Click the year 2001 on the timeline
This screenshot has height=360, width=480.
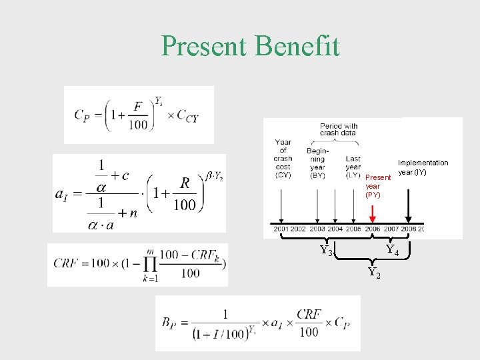click(x=281, y=229)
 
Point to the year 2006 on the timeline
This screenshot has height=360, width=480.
click(x=373, y=229)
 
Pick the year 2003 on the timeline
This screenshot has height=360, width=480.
click(x=317, y=229)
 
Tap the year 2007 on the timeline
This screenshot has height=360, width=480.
click(x=391, y=229)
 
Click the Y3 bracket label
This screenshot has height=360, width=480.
click(x=327, y=251)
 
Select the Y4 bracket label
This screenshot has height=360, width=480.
click(x=393, y=251)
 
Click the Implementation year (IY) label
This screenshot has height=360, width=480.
click(x=423, y=167)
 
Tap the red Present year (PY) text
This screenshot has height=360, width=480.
click(x=377, y=186)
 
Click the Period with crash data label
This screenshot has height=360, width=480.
click(x=339, y=129)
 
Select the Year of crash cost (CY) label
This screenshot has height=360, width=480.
click(x=283, y=159)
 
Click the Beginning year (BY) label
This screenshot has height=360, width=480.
click(x=317, y=163)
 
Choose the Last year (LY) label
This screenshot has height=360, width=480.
click(x=353, y=167)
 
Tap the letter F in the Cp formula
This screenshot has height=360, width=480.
click(x=137, y=107)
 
